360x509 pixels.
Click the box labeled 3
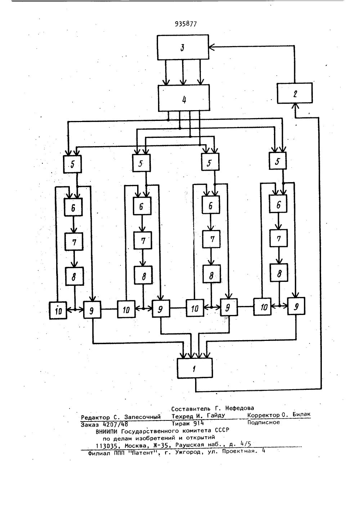click(183, 47)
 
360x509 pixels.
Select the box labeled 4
click(184, 98)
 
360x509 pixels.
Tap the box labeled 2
click(295, 93)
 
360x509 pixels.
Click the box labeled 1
click(195, 368)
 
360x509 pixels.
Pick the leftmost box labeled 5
click(72, 164)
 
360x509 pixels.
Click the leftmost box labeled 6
click(73, 207)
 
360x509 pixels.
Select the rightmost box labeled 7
click(279, 238)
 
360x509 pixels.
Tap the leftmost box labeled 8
click(74, 276)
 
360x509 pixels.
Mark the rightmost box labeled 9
click(296, 306)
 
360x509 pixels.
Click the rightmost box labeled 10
click(264, 307)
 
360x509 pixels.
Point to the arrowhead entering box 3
click(211, 46)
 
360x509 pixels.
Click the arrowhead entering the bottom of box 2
click(295, 105)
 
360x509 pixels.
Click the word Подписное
click(264, 422)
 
